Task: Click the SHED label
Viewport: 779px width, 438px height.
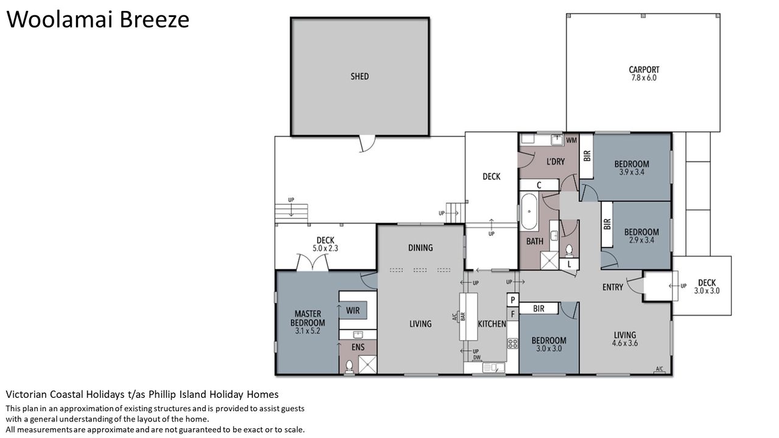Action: pyautogui.click(x=360, y=77)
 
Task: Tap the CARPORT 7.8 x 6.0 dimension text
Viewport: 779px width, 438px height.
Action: pyautogui.click(x=644, y=78)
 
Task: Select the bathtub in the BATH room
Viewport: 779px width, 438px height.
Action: pyautogui.click(x=529, y=211)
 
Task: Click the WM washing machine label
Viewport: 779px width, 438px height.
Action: pyautogui.click(x=571, y=141)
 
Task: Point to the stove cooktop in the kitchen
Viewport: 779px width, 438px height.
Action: pyautogui.click(x=512, y=344)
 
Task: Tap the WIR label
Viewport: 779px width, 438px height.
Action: pyautogui.click(x=352, y=310)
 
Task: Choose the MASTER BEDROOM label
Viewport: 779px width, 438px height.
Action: pyautogui.click(x=308, y=318)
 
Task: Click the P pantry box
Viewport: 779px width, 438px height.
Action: pyautogui.click(x=512, y=300)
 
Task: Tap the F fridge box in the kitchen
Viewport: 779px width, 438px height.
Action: pyautogui.click(x=512, y=315)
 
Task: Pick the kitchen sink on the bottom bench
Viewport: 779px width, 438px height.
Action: pyautogui.click(x=494, y=367)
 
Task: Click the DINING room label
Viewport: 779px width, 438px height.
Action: pyautogui.click(x=421, y=248)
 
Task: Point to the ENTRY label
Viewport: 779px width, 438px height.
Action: pyautogui.click(x=613, y=287)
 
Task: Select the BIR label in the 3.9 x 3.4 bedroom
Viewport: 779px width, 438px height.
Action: pyautogui.click(x=587, y=155)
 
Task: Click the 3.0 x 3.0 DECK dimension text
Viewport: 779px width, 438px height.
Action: pyautogui.click(x=707, y=291)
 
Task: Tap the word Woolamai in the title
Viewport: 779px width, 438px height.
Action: pyautogui.click(x=59, y=20)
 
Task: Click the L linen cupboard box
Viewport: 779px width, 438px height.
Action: pyautogui.click(x=569, y=264)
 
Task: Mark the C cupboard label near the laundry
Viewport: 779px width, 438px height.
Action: pyautogui.click(x=539, y=186)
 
